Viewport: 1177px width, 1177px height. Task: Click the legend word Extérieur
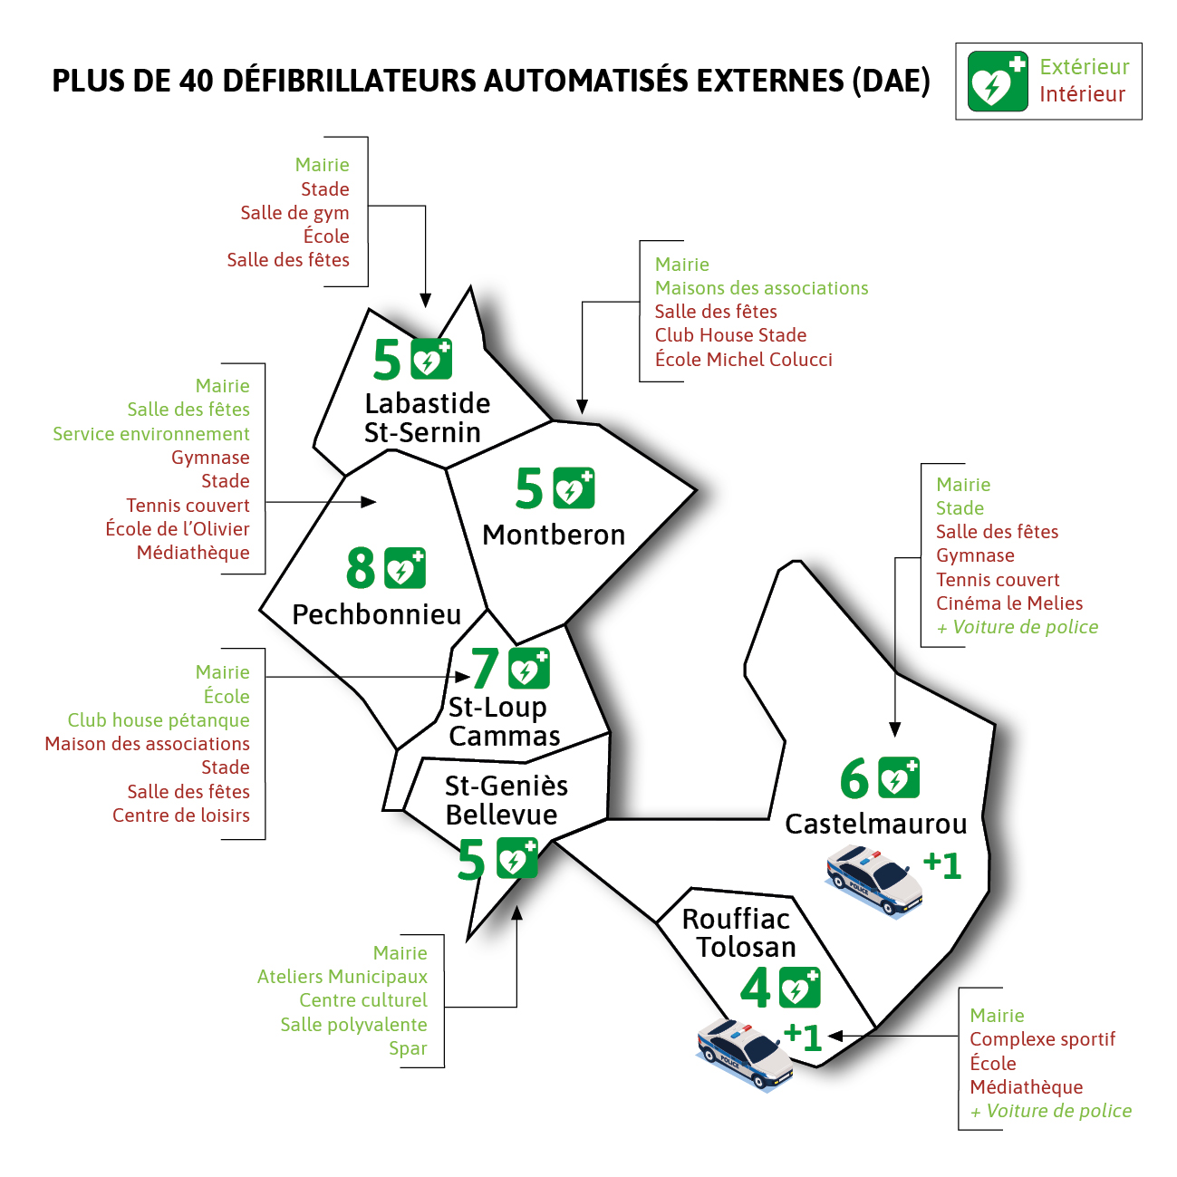pyautogui.click(x=1085, y=66)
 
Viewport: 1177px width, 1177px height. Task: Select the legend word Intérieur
pyautogui.click(x=1082, y=94)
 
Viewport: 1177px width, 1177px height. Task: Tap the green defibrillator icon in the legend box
pyautogui.click(x=997, y=82)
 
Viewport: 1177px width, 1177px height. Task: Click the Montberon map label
pyautogui.click(x=554, y=535)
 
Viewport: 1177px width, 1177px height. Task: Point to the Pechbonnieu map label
pyautogui.click(x=376, y=614)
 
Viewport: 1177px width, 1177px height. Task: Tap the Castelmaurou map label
pyautogui.click(x=876, y=824)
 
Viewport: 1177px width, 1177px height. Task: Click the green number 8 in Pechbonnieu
pyautogui.click(x=361, y=568)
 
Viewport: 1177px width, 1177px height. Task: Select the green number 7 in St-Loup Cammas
pyautogui.click(x=485, y=669)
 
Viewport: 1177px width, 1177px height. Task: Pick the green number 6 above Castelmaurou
pyautogui.click(x=854, y=778)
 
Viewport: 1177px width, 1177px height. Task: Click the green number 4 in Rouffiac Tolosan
pyautogui.click(x=756, y=988)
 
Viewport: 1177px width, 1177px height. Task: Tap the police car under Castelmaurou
pyautogui.click(x=874, y=880)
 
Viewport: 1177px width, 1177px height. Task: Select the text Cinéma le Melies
pyautogui.click(x=1009, y=603)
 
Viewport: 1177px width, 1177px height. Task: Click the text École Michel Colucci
pyautogui.click(x=743, y=359)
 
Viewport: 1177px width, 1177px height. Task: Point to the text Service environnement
pyautogui.click(x=151, y=434)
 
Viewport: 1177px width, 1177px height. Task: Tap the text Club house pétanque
pyautogui.click(x=159, y=720)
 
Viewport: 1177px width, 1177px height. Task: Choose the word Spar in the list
pyautogui.click(x=408, y=1048)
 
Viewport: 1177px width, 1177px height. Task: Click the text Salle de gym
pyautogui.click(x=294, y=213)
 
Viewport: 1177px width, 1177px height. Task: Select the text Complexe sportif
pyautogui.click(x=1042, y=1039)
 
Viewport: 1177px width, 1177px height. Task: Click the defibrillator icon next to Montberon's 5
pyautogui.click(x=574, y=488)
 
